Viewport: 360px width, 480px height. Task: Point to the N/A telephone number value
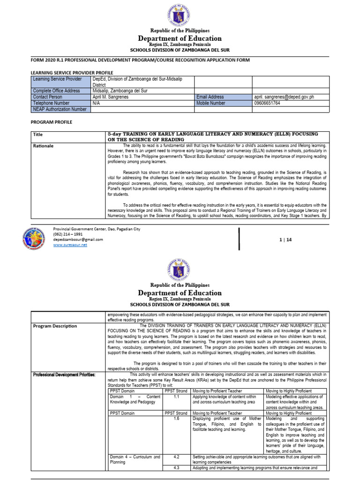[97, 103]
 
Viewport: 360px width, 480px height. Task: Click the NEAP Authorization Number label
[60, 109]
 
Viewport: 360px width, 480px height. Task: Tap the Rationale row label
[44, 146]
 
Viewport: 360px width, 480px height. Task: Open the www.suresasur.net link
[70, 245]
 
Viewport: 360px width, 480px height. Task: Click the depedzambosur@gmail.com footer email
[78, 240]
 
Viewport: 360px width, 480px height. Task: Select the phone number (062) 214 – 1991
[68, 234]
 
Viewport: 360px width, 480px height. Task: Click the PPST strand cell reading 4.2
[176, 456]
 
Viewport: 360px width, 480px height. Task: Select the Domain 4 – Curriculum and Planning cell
[135, 459]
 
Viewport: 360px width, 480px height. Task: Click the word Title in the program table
[37, 135]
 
